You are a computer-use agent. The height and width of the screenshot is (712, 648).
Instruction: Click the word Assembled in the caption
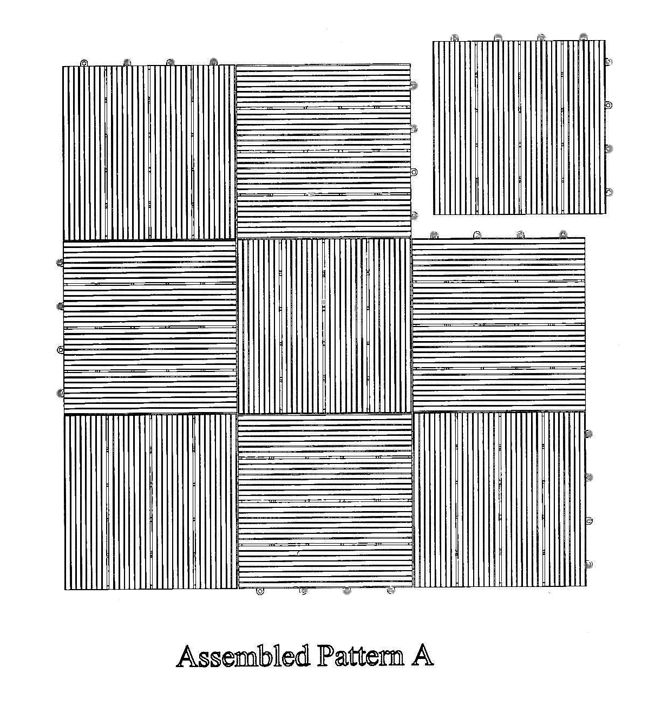tap(243, 656)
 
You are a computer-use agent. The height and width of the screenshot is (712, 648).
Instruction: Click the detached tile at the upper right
tap(519, 127)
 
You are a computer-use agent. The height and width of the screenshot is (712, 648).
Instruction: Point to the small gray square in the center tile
tap(323, 302)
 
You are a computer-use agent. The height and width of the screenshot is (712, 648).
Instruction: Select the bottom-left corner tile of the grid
tap(150, 501)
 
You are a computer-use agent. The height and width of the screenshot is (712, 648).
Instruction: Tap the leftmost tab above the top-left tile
tap(84, 63)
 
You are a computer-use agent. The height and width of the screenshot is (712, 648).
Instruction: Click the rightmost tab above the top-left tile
tap(213, 62)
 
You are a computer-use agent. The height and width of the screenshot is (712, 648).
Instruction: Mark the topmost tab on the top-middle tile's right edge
tap(414, 85)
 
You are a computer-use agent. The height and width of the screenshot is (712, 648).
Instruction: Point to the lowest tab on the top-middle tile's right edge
tap(414, 215)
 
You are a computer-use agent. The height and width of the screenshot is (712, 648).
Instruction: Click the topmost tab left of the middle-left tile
tap(60, 263)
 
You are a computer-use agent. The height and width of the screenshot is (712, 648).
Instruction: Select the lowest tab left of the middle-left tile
tap(60, 393)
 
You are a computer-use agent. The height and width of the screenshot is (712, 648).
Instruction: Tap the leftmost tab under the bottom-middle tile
tap(260, 591)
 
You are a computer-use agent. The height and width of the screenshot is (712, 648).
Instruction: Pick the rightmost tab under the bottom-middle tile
tap(390, 591)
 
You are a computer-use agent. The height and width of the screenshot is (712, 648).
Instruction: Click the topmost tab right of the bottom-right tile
tap(589, 434)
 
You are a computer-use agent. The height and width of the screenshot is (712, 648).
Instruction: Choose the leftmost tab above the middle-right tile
tap(434, 235)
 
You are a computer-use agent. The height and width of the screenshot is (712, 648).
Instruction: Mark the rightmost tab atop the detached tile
tap(583, 37)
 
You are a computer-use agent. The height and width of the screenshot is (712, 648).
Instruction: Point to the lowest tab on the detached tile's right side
tap(609, 192)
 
